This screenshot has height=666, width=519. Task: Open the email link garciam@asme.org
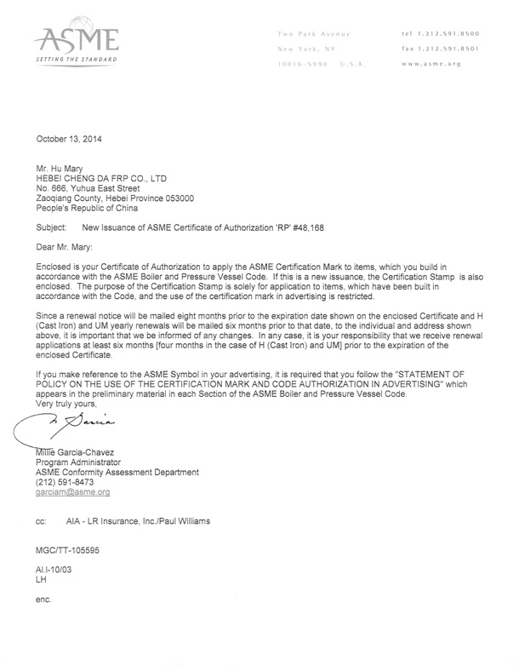pos(72,492)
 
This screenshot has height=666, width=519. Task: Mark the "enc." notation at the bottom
pos(43,600)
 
